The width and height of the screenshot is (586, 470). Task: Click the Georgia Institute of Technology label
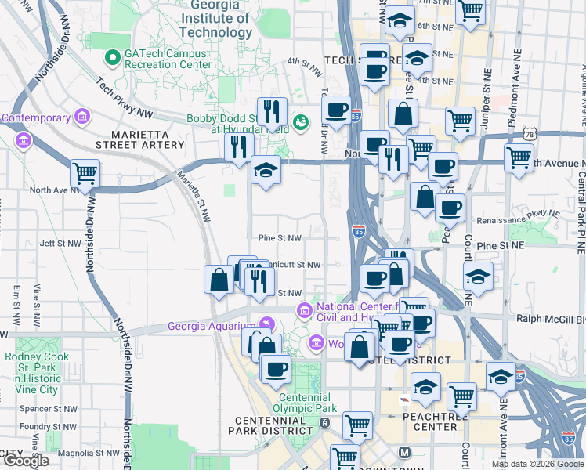coord(215,18)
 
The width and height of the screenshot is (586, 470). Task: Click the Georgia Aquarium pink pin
coord(267,324)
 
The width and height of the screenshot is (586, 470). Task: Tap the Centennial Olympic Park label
coord(305,403)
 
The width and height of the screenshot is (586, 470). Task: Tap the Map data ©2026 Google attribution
coord(537,464)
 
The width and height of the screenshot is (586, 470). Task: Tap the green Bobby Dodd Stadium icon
coord(301,122)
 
